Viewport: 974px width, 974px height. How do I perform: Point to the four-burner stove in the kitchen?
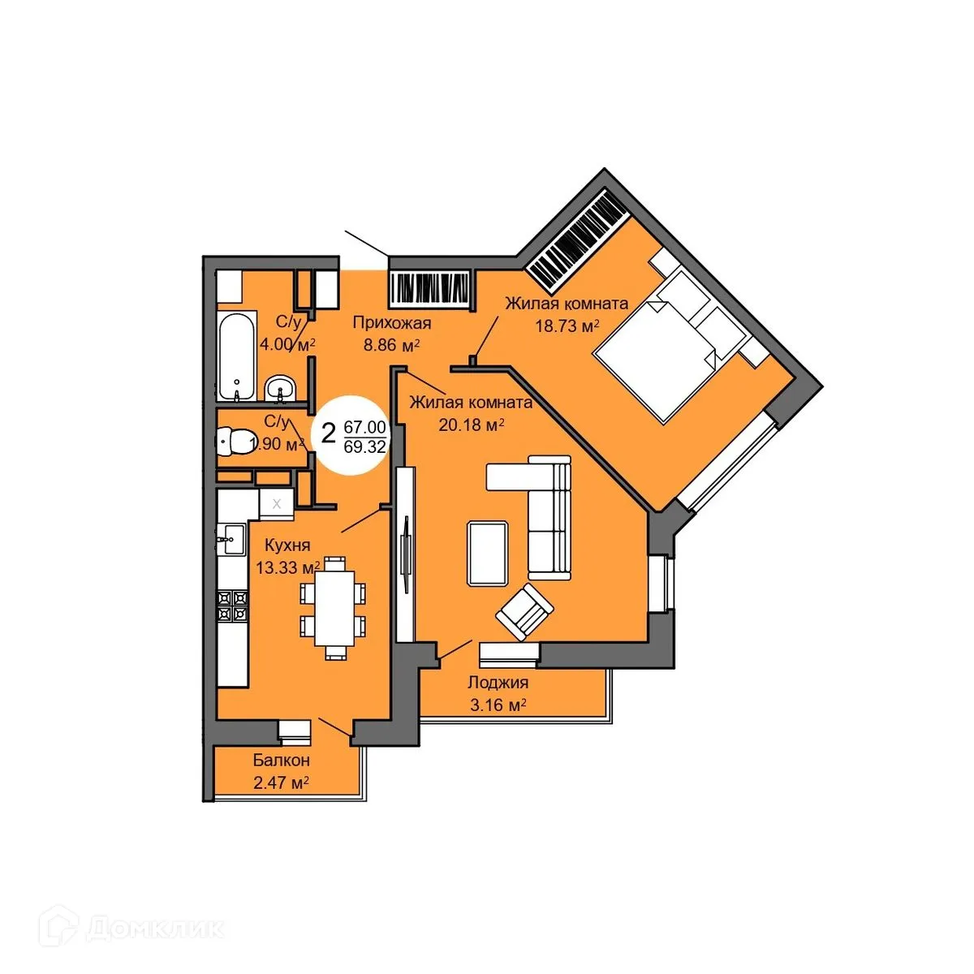pos(231,606)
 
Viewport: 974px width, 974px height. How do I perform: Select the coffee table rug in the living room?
pos(488,553)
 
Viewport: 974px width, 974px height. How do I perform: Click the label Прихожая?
pos(391,324)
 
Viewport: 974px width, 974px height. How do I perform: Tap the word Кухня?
pos(283,545)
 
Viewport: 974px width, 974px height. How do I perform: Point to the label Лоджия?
pos(498,683)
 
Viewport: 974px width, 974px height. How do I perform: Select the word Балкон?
pos(281,761)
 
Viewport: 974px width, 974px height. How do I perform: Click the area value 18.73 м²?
pos(567,325)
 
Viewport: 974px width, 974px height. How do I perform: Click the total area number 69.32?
pos(364,446)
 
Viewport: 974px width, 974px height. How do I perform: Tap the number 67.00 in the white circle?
pos(364,427)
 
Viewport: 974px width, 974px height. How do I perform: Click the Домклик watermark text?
pos(154,928)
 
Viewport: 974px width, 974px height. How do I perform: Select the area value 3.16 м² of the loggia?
pos(498,705)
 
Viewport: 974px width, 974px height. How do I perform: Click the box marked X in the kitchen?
pos(277,503)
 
